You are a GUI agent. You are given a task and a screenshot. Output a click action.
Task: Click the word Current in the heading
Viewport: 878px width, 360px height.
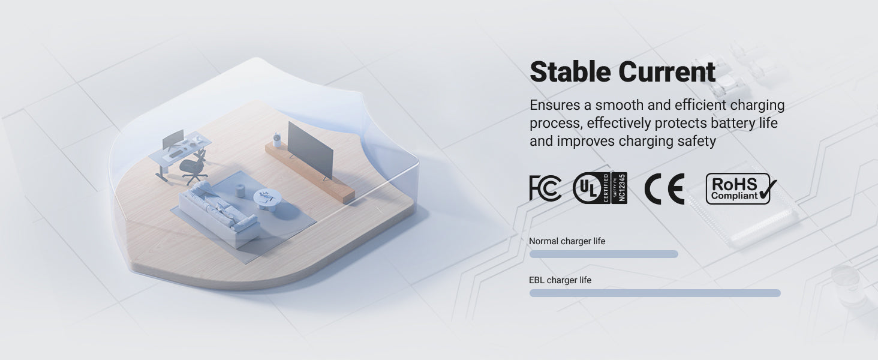pyautogui.click(x=667, y=71)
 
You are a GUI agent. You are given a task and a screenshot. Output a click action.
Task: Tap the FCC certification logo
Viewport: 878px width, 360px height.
pyautogui.click(x=545, y=188)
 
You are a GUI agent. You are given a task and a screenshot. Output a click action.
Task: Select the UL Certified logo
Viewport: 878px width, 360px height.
pyautogui.click(x=600, y=188)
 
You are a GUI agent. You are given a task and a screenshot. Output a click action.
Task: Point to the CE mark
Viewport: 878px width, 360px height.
pyautogui.click(x=664, y=188)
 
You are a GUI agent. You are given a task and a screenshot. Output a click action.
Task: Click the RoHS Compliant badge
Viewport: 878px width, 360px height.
pyautogui.click(x=741, y=188)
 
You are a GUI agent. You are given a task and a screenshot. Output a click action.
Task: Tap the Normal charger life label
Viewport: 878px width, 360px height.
pyautogui.click(x=567, y=241)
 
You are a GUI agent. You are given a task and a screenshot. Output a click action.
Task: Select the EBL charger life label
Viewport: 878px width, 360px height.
pyautogui.click(x=560, y=280)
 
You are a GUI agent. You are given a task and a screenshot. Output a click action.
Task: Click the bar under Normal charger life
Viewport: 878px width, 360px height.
pyautogui.click(x=603, y=254)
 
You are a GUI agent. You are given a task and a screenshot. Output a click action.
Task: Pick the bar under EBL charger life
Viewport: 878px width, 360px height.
pyautogui.click(x=655, y=293)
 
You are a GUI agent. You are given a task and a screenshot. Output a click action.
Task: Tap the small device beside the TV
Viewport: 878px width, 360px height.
pyautogui.click(x=277, y=140)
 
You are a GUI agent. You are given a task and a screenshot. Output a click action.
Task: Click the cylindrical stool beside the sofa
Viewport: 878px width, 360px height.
pyautogui.click(x=240, y=191)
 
